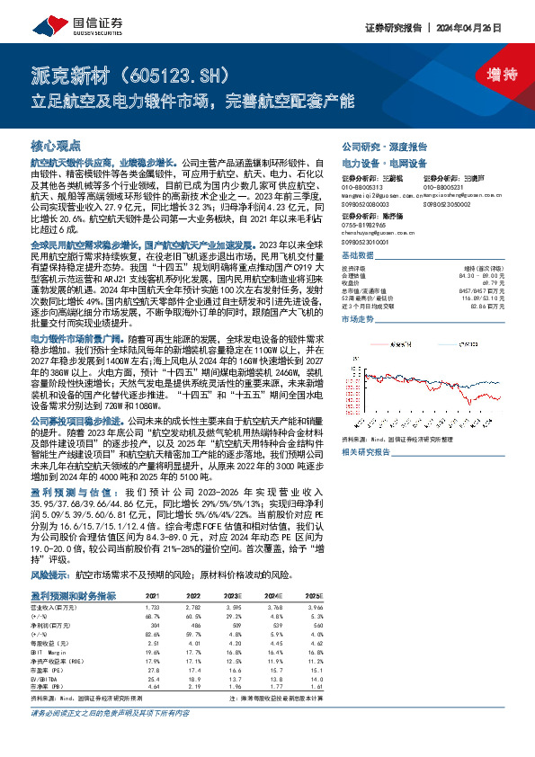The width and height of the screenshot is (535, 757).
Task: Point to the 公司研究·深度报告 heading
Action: [376, 147]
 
